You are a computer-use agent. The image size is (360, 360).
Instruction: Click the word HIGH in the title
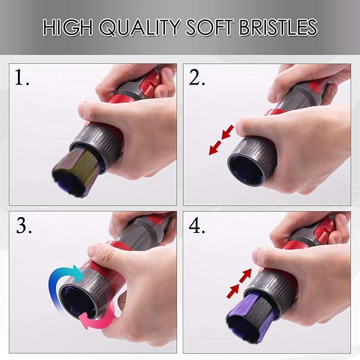(x=68, y=27)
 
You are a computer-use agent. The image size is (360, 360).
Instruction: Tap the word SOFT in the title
(x=210, y=27)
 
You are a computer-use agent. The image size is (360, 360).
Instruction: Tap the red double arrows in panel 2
(x=221, y=140)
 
